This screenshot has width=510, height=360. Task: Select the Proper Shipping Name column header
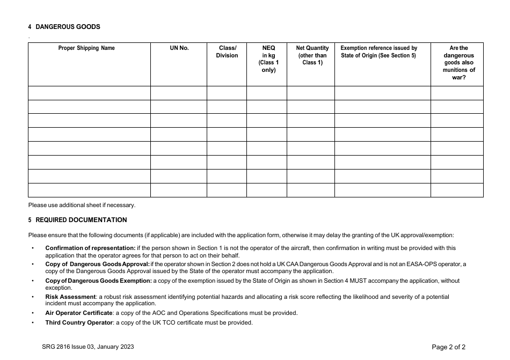(x=86, y=48)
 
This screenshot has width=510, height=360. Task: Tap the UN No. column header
(x=179, y=48)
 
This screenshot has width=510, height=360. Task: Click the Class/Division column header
(x=227, y=52)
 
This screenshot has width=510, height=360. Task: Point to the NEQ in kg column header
(x=268, y=59)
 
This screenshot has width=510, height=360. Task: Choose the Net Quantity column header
(x=312, y=55)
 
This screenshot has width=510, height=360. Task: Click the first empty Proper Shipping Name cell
(x=89, y=93)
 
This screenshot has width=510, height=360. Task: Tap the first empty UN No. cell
(x=179, y=93)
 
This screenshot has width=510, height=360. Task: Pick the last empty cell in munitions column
(x=457, y=190)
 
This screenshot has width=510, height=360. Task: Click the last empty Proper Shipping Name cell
(x=89, y=190)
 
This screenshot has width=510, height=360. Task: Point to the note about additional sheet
(x=82, y=205)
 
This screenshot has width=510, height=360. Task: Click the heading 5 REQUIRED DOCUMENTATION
(x=77, y=220)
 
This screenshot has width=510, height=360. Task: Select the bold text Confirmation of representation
(x=90, y=248)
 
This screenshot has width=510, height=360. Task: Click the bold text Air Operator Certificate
(x=79, y=313)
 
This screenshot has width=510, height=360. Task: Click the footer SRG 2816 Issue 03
(x=84, y=347)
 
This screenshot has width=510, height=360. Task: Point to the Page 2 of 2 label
(x=449, y=347)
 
